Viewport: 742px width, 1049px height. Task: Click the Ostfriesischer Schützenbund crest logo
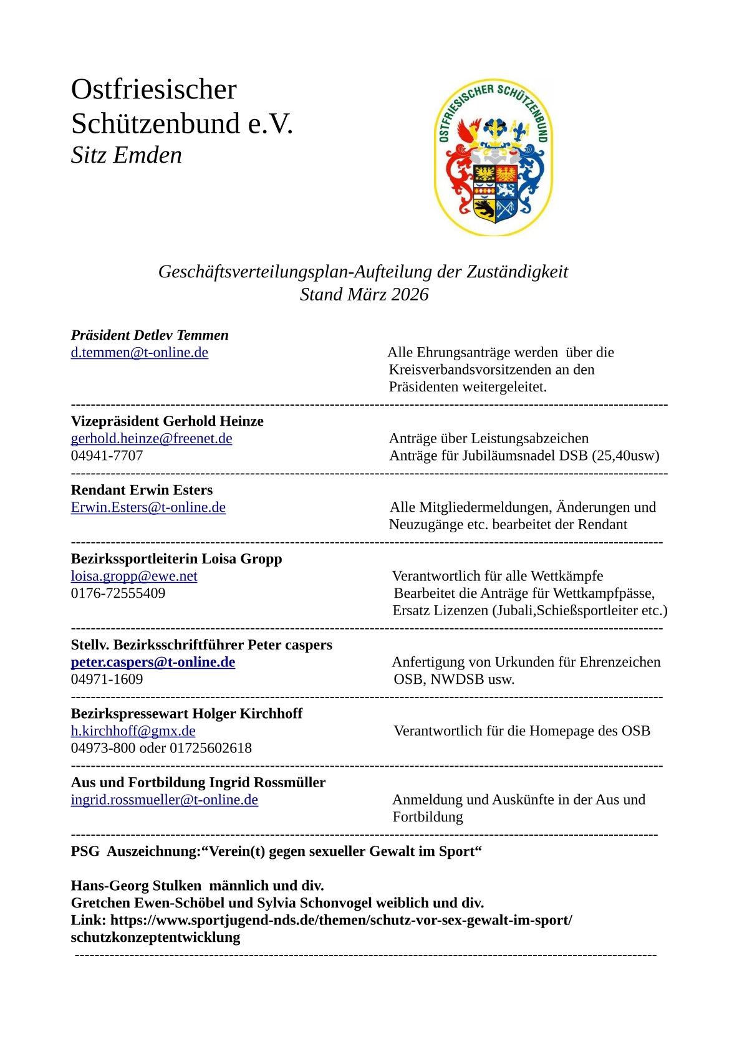[x=493, y=157]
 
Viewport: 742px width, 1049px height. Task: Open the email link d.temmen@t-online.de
[x=139, y=353]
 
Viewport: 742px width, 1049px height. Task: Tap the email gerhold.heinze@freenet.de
[x=152, y=439]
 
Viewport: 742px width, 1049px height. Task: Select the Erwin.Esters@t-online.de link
[x=148, y=507]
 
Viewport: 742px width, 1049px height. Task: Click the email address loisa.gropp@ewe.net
[x=134, y=577]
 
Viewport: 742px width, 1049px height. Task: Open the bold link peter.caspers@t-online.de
[x=153, y=663]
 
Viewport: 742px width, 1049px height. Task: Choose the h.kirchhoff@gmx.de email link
[x=133, y=731]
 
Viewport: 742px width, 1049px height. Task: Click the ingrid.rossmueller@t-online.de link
[x=164, y=800]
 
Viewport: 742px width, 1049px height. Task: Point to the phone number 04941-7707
[x=107, y=456]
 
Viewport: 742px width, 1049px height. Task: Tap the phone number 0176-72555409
[x=118, y=593]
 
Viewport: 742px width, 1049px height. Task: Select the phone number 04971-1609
[x=107, y=679]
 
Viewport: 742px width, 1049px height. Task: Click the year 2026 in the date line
[x=410, y=294]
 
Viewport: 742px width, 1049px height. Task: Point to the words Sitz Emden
[x=126, y=155]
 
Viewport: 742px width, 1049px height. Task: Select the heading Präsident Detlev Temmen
[x=150, y=335]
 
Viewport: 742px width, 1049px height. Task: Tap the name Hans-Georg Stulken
[x=136, y=886]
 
